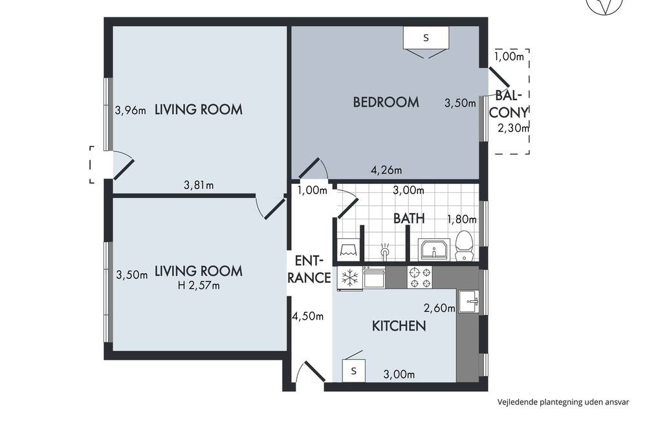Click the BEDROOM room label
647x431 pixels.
(x=386, y=102)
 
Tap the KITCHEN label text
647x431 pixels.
(x=399, y=326)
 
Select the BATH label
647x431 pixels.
(x=408, y=218)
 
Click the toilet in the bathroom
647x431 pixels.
(x=464, y=246)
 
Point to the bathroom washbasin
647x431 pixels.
(x=434, y=249)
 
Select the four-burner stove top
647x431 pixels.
(x=420, y=277)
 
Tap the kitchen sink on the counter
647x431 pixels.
(x=468, y=302)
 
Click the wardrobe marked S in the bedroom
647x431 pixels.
(x=426, y=38)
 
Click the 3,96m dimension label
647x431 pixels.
(x=131, y=111)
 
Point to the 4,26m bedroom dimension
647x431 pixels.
(x=386, y=170)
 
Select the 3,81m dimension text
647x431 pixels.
(x=199, y=185)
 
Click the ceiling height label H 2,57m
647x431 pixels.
(x=199, y=285)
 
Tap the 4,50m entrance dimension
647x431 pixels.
(x=308, y=316)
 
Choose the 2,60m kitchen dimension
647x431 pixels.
(x=439, y=308)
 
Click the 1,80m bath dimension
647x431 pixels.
(x=462, y=219)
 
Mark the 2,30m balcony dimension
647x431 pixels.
(x=513, y=128)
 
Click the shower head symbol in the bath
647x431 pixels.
(x=385, y=250)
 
